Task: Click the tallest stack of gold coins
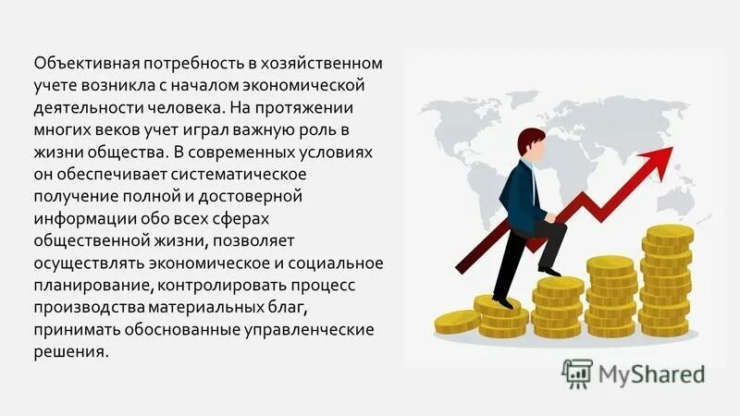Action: click(x=667, y=277)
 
